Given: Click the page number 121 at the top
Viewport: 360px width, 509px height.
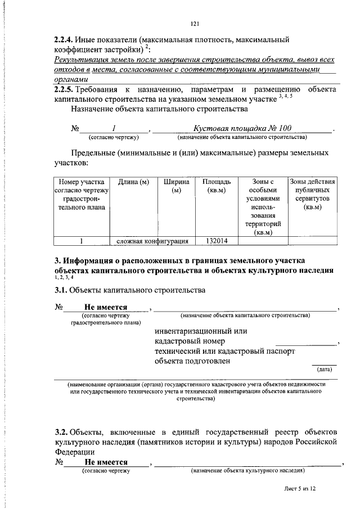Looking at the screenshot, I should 195,24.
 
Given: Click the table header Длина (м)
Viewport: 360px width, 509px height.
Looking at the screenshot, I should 133,182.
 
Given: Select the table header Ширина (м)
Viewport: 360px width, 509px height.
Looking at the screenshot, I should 176,187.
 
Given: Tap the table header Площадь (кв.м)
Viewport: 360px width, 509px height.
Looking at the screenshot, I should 217,187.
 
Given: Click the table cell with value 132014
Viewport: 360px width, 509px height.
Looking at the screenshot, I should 217,241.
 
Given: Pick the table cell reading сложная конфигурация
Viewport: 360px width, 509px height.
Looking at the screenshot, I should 152,241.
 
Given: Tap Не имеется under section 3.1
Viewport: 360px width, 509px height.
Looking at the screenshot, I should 106,308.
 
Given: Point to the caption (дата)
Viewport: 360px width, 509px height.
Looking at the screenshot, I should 325,370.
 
